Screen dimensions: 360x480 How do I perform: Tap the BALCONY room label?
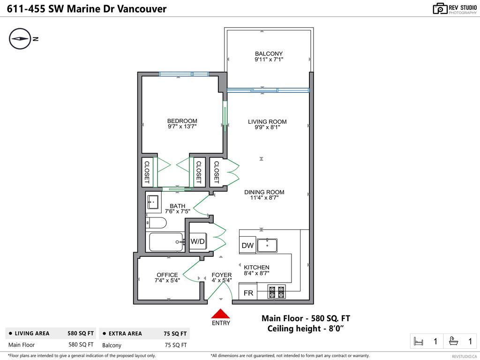pyautogui.click(x=269, y=53)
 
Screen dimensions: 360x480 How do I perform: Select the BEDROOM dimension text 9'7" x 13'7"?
pyautogui.click(x=182, y=127)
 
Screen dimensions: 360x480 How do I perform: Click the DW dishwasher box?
pyautogui.click(x=247, y=245)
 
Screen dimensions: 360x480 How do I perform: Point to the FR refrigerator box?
pyautogui.click(x=248, y=293)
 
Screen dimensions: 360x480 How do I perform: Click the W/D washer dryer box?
pyautogui.click(x=198, y=241)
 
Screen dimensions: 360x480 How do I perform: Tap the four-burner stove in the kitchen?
pyautogui.click(x=276, y=292)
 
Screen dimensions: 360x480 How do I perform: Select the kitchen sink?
pyautogui.click(x=267, y=245)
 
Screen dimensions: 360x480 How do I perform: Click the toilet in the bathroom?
pyautogui.click(x=156, y=222)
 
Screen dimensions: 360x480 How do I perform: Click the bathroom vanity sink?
pyautogui.click(x=153, y=202)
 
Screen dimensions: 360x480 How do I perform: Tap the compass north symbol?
pyautogui.click(x=20, y=39)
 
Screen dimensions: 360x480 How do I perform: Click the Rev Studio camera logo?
pyautogui.click(x=440, y=8)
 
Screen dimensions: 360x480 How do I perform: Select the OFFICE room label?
pyautogui.click(x=167, y=275)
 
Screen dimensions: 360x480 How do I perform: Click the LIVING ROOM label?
pyautogui.click(x=267, y=122)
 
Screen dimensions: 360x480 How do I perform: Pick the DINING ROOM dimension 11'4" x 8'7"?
pyautogui.click(x=264, y=198)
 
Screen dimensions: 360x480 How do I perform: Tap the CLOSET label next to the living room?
pyautogui.click(x=217, y=172)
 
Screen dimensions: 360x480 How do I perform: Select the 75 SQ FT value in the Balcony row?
pyautogui.click(x=177, y=345)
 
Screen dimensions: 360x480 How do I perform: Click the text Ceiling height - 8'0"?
pyautogui.click(x=306, y=329)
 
